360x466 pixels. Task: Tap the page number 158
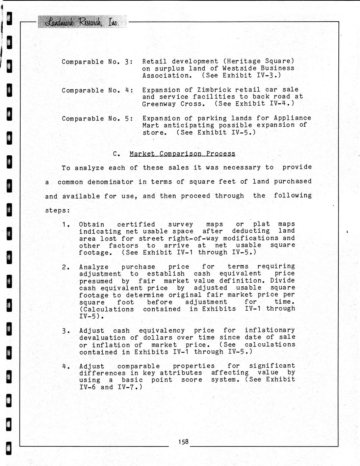183,442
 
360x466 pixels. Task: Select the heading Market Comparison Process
182,154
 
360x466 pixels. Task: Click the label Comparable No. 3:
97,62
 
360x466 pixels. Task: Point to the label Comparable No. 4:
97,90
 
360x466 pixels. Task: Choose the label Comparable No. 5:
97,119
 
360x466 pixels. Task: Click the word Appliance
292,118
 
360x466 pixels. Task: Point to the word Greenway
159,104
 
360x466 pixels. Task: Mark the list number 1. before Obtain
66,224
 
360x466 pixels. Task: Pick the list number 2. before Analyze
66,267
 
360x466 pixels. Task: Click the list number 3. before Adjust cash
66,331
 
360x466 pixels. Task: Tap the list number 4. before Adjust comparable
66,366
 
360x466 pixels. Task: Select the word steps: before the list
58,210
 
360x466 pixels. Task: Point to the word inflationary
270,330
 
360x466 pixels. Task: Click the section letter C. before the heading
117,154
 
